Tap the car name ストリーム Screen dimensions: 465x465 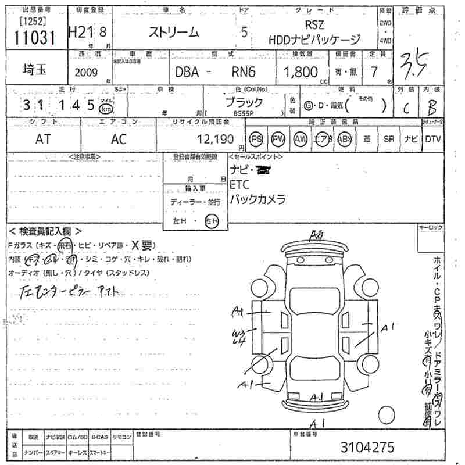(x=175, y=33)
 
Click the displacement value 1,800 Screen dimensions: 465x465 (x=301, y=71)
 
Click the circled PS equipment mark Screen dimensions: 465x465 (x=256, y=139)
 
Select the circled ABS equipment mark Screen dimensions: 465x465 (x=345, y=139)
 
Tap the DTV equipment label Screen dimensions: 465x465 (x=432, y=139)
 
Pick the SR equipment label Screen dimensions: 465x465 (x=388, y=139)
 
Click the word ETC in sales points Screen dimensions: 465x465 (x=239, y=185)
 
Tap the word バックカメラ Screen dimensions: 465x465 (x=257, y=199)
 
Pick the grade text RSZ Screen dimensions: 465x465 (x=314, y=26)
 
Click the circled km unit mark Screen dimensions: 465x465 (x=105, y=109)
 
